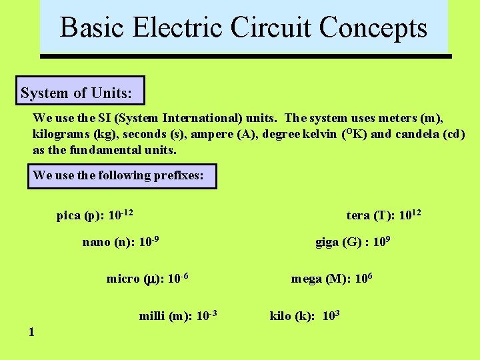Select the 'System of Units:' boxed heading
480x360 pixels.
coord(81,93)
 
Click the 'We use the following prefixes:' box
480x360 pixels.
coord(124,175)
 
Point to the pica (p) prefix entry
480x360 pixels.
coord(95,215)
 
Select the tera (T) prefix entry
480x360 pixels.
coord(383,215)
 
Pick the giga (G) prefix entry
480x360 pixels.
coord(352,241)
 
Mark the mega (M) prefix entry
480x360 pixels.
coord(331,278)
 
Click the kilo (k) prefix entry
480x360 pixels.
coord(305,315)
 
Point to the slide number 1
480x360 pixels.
coord(32,331)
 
